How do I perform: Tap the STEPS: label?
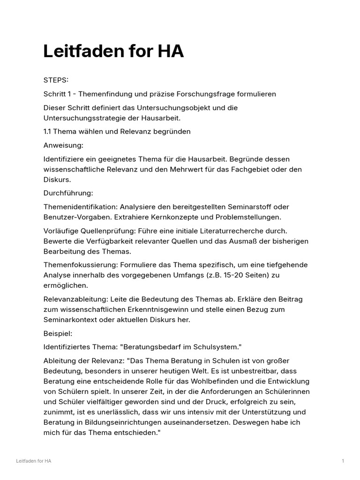click(56, 80)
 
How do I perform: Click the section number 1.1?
click(48, 131)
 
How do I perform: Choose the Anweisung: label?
click(63, 145)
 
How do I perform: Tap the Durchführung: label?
click(68, 193)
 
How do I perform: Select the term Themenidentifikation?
click(80, 207)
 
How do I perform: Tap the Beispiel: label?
click(58, 333)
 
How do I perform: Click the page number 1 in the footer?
click(343, 461)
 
